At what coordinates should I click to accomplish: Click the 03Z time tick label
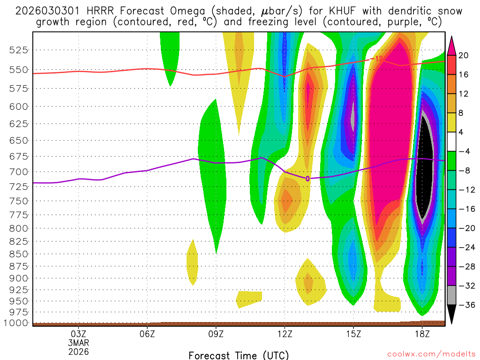78,334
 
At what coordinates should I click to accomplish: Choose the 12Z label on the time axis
285,334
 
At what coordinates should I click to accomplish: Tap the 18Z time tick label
422,334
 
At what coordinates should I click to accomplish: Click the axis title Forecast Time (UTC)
239,355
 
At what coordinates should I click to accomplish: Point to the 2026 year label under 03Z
78,351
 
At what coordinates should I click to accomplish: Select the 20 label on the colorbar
464,55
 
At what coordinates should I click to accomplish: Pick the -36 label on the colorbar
465,305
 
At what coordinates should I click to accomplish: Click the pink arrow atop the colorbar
452,45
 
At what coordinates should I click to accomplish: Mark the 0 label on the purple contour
307,179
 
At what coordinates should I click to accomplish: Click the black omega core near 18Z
425,169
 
